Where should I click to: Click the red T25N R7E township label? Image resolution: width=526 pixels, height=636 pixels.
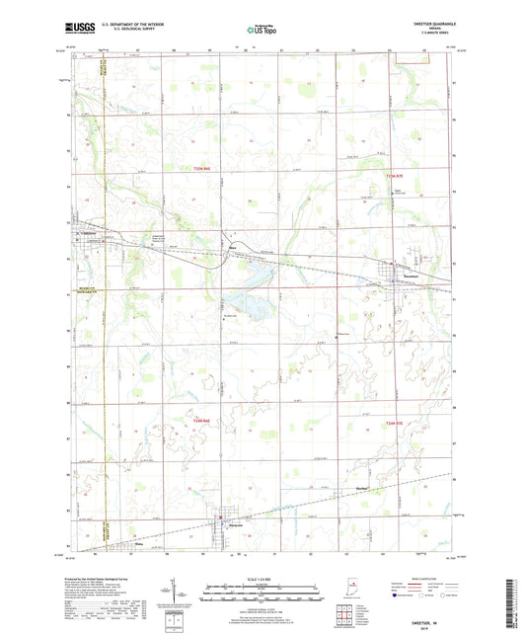coord(397,169)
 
